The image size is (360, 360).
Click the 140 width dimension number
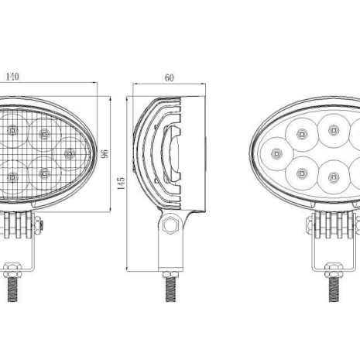(13, 77)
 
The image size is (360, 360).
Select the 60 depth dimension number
(169, 77)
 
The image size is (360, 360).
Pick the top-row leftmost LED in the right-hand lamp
(300, 133)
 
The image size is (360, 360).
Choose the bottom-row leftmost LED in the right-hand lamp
(300, 170)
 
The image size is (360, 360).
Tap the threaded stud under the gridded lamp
(13, 287)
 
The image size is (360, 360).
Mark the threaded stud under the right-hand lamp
(334, 287)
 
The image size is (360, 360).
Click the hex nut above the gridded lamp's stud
(12, 269)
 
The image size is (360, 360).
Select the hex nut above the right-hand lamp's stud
(334, 269)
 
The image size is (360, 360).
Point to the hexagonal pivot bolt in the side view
(170, 227)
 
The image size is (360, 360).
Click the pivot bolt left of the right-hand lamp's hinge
(308, 226)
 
